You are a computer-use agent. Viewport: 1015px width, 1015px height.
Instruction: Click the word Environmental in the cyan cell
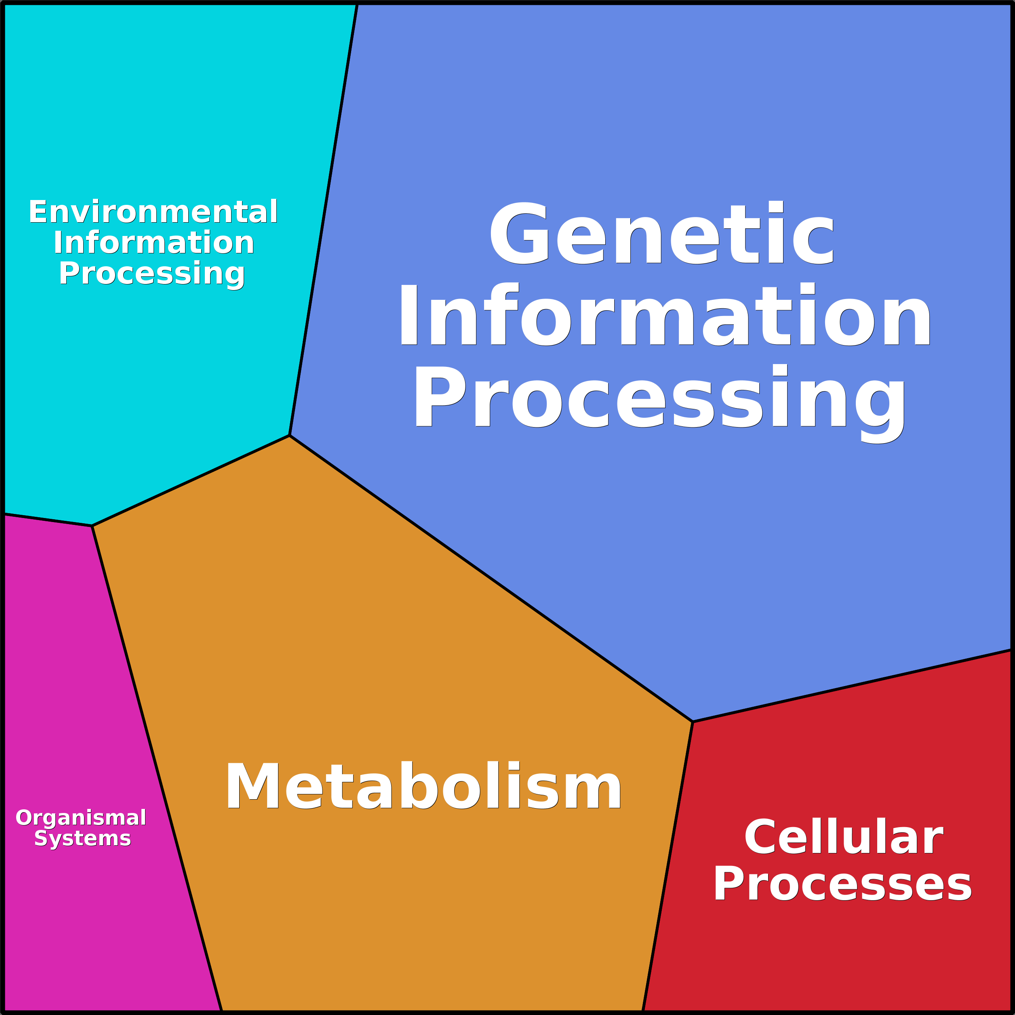click(x=153, y=212)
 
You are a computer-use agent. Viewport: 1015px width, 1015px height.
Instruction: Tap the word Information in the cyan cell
click(x=154, y=243)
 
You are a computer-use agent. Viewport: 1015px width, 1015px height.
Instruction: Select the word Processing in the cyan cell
click(x=152, y=274)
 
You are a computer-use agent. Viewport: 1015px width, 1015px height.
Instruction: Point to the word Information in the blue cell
click(x=664, y=314)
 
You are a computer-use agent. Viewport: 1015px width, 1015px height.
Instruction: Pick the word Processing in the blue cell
click(x=660, y=402)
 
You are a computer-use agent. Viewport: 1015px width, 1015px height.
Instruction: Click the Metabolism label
click(x=423, y=785)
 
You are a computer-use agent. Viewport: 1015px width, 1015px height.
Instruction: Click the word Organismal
click(x=81, y=818)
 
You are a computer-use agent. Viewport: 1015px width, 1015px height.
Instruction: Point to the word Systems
click(x=82, y=838)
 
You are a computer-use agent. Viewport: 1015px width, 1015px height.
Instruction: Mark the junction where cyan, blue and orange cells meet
click(x=289, y=436)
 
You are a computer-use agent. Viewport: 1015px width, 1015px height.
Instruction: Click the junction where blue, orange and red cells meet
click(x=693, y=722)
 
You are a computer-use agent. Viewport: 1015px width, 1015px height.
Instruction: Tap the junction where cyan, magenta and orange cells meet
click(x=92, y=525)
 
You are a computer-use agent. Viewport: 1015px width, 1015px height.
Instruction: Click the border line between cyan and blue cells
click(x=324, y=219)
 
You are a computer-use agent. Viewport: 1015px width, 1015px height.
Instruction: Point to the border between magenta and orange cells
click(x=156, y=768)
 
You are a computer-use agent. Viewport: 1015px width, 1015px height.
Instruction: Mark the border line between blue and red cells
click(x=852, y=686)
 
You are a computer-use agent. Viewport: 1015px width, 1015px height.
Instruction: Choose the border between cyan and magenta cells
click(x=48, y=520)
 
